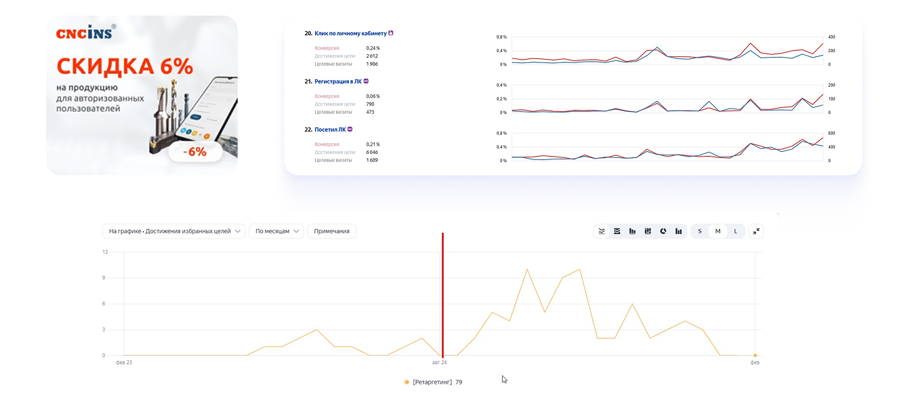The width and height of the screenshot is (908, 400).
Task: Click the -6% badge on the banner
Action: pyautogui.click(x=196, y=152)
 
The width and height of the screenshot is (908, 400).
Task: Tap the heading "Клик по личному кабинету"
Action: pyautogui.click(x=350, y=33)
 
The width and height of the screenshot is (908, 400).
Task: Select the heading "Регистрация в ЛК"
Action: pyautogui.click(x=337, y=81)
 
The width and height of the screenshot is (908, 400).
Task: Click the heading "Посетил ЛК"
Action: pyautogui.click(x=330, y=129)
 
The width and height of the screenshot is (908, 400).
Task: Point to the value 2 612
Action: pyautogui.click(x=371, y=56)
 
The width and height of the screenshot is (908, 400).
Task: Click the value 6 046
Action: pyautogui.click(x=371, y=153)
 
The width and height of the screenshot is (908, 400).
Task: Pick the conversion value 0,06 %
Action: pyautogui.click(x=373, y=96)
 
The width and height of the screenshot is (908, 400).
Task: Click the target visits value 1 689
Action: pyautogui.click(x=371, y=161)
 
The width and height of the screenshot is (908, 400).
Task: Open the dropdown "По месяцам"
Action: pyautogui.click(x=276, y=231)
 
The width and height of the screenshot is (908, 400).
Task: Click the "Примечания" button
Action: pyautogui.click(x=332, y=231)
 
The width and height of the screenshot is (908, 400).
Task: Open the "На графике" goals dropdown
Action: pyautogui.click(x=173, y=231)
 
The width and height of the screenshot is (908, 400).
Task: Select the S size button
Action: pyautogui.click(x=700, y=231)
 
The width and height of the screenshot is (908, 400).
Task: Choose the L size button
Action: pyautogui.click(x=736, y=231)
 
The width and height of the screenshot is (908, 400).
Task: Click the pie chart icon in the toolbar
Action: pyautogui.click(x=663, y=231)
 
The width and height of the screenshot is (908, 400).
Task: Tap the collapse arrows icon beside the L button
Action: pyautogui.click(x=756, y=231)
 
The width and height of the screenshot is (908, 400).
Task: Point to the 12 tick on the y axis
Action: pyautogui.click(x=105, y=252)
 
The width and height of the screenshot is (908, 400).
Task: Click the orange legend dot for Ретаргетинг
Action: pyautogui.click(x=407, y=382)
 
